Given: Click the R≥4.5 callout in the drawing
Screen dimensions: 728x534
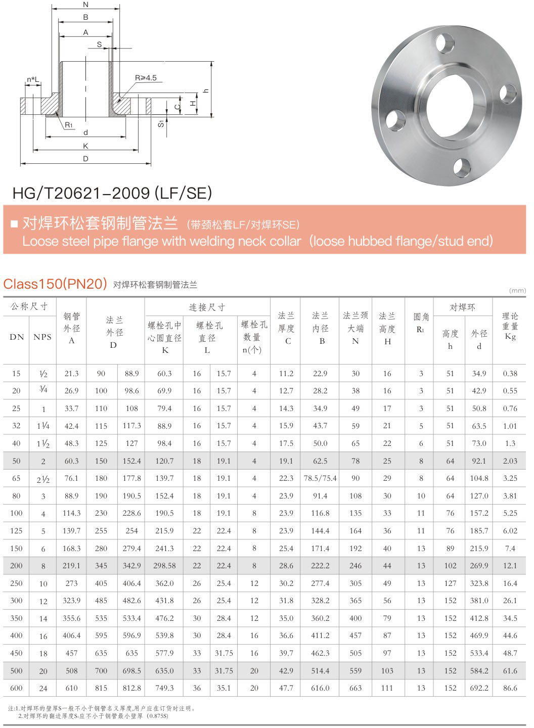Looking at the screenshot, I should [146, 78].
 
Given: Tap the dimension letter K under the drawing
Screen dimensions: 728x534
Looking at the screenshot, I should [85, 146].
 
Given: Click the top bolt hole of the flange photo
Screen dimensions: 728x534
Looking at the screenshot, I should [445, 43].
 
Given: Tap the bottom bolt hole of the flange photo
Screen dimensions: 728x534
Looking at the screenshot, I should [462, 167].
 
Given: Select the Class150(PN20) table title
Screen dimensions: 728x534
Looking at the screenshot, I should [55, 284].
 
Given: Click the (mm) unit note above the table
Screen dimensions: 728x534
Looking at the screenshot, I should [517, 290].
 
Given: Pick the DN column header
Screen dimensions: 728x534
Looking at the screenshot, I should [17, 337].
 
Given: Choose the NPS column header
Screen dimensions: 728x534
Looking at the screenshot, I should [42, 337].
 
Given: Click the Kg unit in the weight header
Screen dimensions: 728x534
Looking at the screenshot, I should [510, 337].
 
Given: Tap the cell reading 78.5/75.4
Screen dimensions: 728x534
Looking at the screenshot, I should [320, 478].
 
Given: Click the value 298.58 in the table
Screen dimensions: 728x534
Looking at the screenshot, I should [164, 566].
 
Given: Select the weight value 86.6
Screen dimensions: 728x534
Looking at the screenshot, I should [510, 688].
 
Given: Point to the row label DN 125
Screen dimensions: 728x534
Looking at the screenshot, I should [16, 531].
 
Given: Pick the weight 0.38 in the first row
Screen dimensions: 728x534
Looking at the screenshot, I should [510, 374].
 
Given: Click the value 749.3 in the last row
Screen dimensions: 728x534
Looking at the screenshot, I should [164, 688].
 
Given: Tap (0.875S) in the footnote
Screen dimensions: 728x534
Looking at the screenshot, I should [157, 716].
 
